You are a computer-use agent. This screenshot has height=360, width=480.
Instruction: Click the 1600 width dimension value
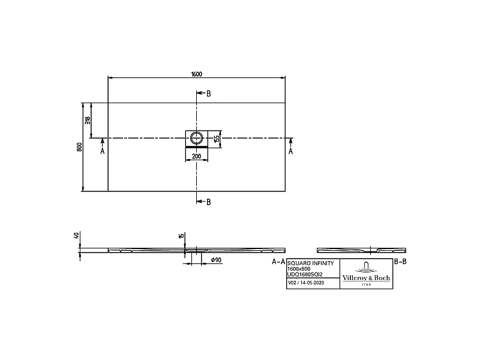tap(196, 74)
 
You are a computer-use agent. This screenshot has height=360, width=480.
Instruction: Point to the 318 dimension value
tap(88, 120)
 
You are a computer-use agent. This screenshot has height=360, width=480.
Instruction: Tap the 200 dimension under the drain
tap(196, 157)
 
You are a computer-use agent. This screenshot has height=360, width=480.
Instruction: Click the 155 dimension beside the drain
tap(217, 139)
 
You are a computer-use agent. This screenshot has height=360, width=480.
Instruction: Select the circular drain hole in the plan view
tap(196, 138)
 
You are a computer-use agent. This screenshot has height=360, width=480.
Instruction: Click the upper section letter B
tap(208, 94)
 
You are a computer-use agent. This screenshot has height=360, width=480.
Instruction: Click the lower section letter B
tap(208, 202)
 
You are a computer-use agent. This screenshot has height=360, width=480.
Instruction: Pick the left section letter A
tap(102, 152)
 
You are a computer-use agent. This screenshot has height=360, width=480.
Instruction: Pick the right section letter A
tap(292, 152)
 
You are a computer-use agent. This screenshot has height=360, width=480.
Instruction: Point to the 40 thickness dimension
tap(77, 236)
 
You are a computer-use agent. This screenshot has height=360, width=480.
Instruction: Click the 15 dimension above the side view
tap(181, 236)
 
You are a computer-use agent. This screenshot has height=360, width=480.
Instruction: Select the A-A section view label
tap(278, 262)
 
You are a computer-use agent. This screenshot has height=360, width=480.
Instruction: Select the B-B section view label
tap(400, 262)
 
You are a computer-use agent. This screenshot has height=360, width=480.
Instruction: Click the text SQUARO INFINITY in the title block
tap(308, 263)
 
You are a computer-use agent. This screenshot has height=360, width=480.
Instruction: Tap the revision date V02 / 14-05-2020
tap(307, 282)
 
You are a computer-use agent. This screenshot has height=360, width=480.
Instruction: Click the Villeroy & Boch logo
tap(365, 274)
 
